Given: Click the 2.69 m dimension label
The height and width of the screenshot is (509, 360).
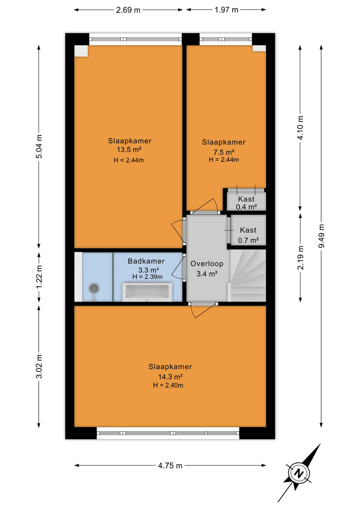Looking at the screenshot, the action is pos(128,10).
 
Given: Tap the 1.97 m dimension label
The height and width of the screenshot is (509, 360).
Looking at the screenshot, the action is pos(226,10).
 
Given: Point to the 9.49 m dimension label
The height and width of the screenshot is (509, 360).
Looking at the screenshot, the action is pos(321,236).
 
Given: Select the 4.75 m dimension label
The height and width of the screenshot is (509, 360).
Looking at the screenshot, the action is pos(170,466).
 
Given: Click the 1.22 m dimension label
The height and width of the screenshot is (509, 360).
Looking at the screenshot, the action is pos(39,277).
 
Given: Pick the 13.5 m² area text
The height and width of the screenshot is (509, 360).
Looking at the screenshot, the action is pos(129,150).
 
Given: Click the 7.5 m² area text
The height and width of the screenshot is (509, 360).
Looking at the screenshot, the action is pos(224,152).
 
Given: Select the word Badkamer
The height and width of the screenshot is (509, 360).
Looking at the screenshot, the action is pos(146,261).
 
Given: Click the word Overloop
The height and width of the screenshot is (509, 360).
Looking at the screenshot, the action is pos(207,264).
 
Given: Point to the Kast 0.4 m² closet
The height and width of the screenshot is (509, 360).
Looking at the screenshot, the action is pos(246,201).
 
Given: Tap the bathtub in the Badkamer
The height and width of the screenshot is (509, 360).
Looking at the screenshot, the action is pos(147,292).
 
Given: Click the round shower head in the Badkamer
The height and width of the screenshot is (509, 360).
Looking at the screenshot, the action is pos(94,288).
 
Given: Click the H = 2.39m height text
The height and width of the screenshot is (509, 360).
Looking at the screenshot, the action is pos(147,277).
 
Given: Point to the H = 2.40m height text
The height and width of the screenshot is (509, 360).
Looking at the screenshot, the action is pos(168,385).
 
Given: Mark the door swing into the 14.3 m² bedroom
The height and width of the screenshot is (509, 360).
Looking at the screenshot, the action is pos(203,311).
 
